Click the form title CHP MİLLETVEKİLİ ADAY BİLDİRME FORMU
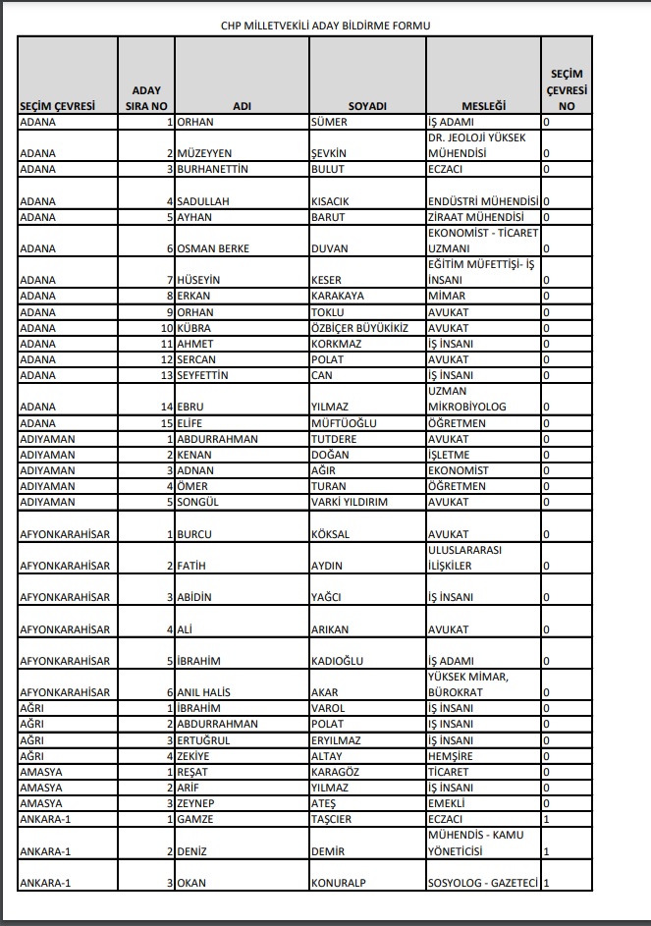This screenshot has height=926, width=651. point(325,26)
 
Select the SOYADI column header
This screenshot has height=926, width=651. point(367,106)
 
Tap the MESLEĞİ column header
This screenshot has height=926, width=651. point(482,106)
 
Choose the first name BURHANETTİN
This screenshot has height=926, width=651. point(212,169)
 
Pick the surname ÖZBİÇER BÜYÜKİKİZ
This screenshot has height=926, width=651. point(358,327)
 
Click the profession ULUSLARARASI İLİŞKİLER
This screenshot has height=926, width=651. point(464,558)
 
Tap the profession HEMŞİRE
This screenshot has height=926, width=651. point(450,756)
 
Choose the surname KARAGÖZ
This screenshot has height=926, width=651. point(335,772)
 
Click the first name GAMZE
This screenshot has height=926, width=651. point(195,819)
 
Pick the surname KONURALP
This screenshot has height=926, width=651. point(338,883)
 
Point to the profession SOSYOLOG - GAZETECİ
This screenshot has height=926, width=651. point(483,883)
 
